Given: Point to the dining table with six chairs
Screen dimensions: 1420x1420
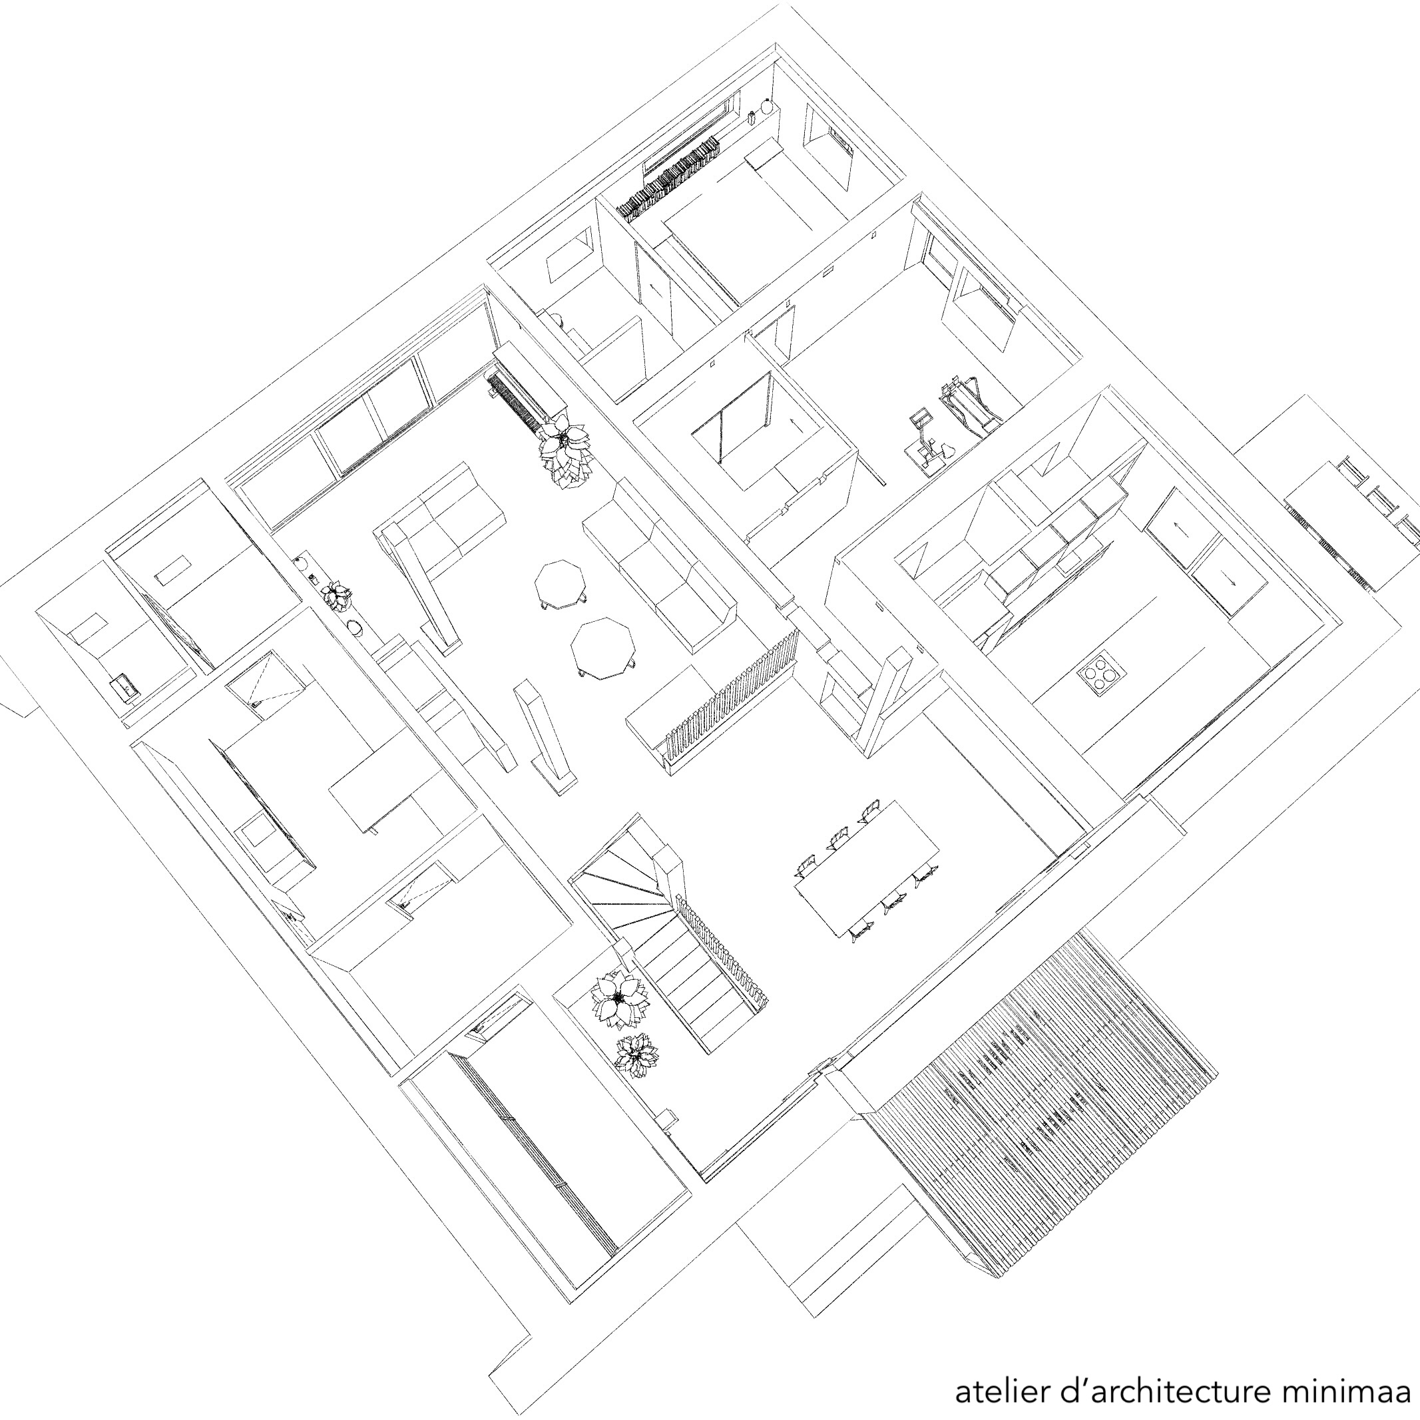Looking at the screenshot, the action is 867,867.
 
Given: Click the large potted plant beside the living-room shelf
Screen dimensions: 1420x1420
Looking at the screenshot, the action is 564,450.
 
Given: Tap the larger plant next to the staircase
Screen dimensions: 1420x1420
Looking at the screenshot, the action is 620,999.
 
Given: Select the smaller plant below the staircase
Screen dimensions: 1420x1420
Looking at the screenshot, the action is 636,1057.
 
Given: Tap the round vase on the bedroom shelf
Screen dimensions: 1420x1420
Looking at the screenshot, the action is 768,107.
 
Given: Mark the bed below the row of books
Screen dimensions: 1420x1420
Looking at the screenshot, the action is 757,220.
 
